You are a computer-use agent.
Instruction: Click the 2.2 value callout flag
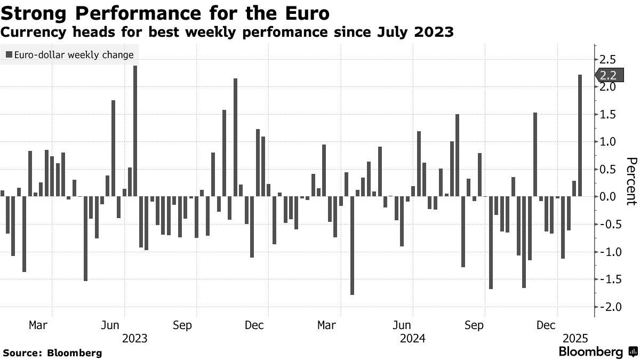(607, 75)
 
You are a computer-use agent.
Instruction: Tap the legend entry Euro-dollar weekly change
(70, 54)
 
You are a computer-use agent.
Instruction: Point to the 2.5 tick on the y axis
(608, 59)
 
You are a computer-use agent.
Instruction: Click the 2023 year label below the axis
(135, 338)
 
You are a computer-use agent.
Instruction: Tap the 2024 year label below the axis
(412, 338)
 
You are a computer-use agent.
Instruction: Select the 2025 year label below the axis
(576, 338)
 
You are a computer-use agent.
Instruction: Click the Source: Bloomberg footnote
(52, 353)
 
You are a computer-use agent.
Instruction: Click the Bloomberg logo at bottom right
(597, 352)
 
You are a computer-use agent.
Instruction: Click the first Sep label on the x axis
(182, 325)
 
